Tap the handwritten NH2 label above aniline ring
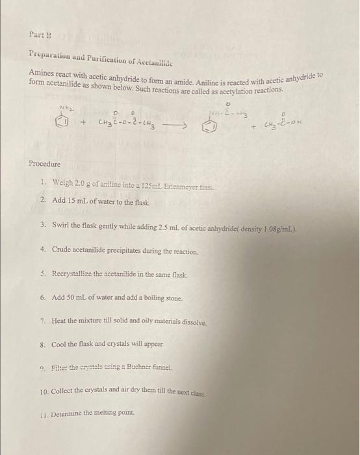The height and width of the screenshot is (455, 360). [x=66, y=108]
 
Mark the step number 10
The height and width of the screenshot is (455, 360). [x=44, y=392]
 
